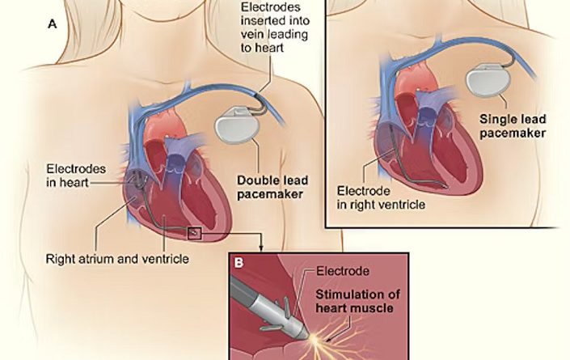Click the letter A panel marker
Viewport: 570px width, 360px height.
[x=53, y=24]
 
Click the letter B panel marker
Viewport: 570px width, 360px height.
[x=239, y=262]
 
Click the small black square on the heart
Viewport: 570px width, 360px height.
[x=194, y=234]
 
